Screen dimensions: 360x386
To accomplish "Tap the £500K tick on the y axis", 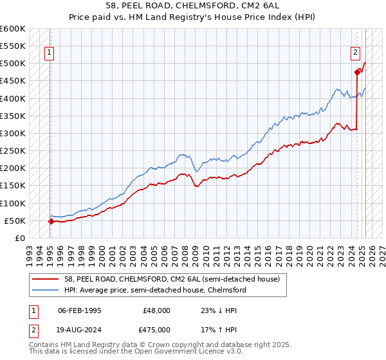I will pos(13,64).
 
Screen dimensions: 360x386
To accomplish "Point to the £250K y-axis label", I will pos(13,151).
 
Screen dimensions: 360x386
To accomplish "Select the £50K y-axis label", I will pos(15,221).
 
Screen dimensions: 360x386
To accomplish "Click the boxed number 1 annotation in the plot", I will pos(50,53).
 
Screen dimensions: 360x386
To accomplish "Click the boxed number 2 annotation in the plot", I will pos(354,53).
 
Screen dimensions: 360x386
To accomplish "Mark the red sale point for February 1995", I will pos(51,221).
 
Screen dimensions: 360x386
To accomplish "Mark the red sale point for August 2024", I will pos(357,73).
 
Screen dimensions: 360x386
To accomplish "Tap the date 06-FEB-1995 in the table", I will pos(80,310).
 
